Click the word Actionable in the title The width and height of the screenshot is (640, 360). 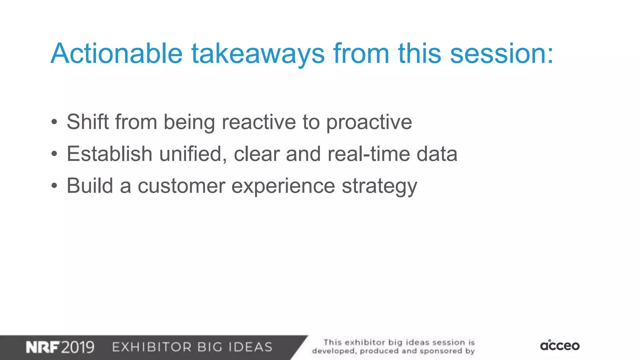point(117,53)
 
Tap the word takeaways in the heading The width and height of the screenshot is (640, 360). point(258,53)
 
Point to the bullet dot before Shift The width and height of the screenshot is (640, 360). point(54,122)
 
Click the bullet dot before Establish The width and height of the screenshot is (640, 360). point(54,154)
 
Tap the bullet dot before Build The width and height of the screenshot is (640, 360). point(54,186)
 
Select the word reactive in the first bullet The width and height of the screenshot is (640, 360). point(259,122)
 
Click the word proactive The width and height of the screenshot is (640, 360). point(369,122)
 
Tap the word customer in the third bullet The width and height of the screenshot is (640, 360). point(181,186)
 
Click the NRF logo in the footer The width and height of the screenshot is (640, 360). point(42,347)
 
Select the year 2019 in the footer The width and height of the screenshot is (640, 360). point(77,347)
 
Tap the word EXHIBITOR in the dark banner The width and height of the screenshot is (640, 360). point(152,347)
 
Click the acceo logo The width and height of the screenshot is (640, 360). point(560,345)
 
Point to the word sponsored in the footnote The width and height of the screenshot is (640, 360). point(441,351)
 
